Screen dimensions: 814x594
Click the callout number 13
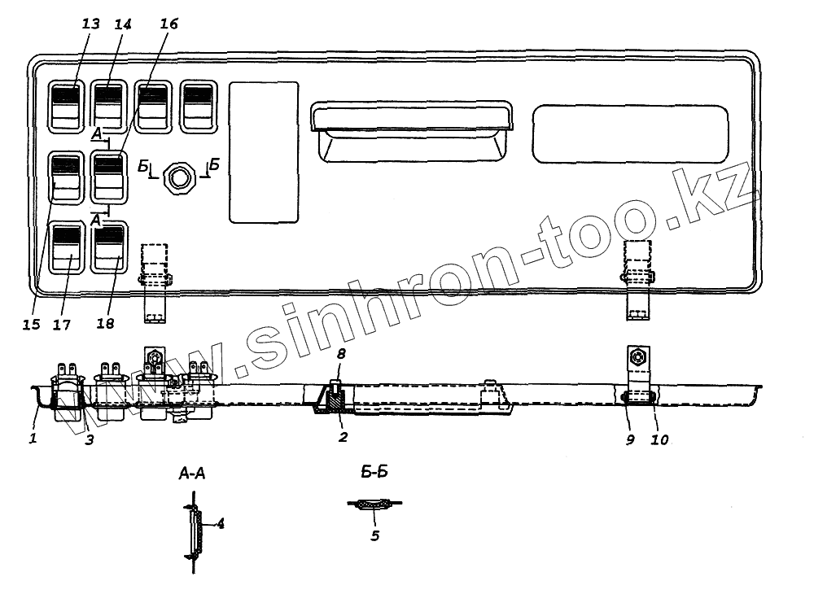[90, 24]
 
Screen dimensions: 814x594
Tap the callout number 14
[123, 24]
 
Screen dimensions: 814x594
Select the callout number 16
[168, 24]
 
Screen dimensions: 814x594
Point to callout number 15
[31, 325]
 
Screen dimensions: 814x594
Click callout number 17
[63, 325]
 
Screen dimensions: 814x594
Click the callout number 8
[342, 355]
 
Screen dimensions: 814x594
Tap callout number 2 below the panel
[343, 438]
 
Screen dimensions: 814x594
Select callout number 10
[659, 440]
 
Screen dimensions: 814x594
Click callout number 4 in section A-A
[220, 524]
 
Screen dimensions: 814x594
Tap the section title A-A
[191, 474]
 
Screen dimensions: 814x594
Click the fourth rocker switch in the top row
[198, 105]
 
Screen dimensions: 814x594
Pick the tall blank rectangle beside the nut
[264, 152]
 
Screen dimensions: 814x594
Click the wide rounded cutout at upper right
[629, 133]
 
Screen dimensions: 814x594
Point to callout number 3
[90, 440]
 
